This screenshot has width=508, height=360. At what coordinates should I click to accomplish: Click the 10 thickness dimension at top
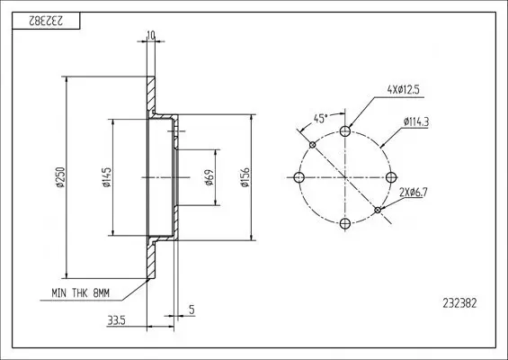tap(149, 36)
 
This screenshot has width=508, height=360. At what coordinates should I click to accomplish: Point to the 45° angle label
tap(320, 117)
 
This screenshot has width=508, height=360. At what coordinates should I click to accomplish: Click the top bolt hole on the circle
tap(346, 131)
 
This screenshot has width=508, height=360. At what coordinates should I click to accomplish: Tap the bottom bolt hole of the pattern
tap(346, 220)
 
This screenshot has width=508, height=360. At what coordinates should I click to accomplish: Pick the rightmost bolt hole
tap(390, 176)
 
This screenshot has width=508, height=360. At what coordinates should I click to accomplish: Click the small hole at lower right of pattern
tap(379, 209)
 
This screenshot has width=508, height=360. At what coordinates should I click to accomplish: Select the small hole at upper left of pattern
tap(313, 144)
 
